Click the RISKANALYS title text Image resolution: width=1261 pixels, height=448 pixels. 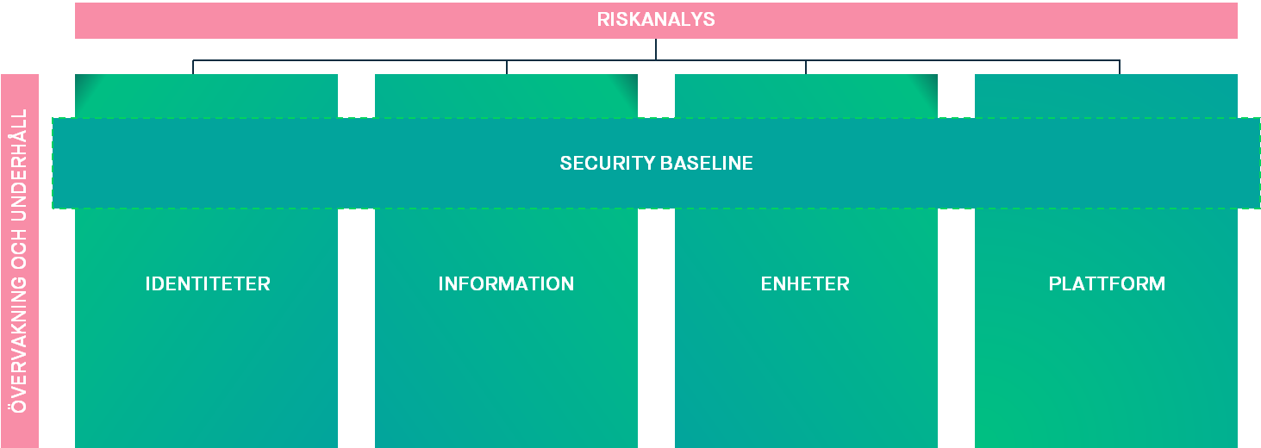pyautogui.click(x=656, y=20)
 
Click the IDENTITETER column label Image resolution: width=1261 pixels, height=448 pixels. pyautogui.click(x=207, y=283)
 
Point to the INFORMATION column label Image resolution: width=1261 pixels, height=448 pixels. pyautogui.click(x=506, y=283)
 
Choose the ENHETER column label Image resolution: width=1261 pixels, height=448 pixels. pyautogui.click(x=805, y=283)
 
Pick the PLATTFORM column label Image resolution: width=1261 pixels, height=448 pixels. pyautogui.click(x=1107, y=283)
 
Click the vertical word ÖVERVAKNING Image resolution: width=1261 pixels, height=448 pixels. pyautogui.click(x=20, y=345)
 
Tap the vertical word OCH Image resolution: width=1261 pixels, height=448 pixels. pyautogui.click(x=20, y=252)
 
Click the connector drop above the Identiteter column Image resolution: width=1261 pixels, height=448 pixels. pyautogui.click(x=193, y=67)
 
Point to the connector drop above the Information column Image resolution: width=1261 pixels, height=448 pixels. pyautogui.click(x=507, y=67)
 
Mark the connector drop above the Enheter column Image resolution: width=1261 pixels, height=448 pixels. pyautogui.click(x=806, y=67)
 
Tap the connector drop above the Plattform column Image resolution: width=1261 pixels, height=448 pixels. pyautogui.click(x=1120, y=67)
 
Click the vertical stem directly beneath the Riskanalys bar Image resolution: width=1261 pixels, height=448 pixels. pyautogui.click(x=656, y=49)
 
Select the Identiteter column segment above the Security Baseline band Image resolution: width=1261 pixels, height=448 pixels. pyautogui.click(x=207, y=96)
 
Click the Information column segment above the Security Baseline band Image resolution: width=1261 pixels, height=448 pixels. pyautogui.click(x=506, y=96)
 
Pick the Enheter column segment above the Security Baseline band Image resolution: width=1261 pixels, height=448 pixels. pyautogui.click(x=805, y=96)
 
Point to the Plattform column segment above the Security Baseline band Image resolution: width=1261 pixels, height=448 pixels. pyautogui.click(x=1107, y=96)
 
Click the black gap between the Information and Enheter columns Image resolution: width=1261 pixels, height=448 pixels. pyautogui.click(x=656, y=327)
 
